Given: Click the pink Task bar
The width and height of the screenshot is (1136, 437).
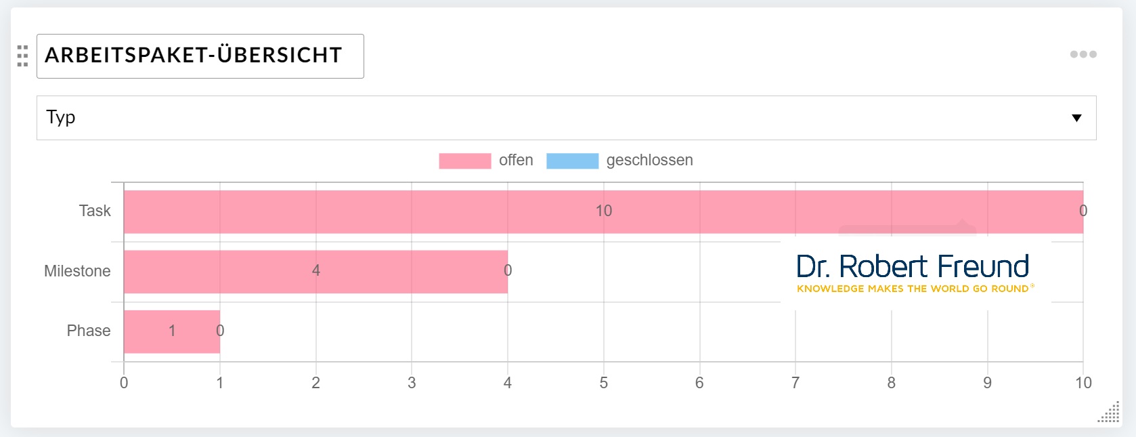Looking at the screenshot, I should tap(406, 212).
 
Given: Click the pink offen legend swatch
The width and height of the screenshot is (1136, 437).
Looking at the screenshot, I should tap(464, 161).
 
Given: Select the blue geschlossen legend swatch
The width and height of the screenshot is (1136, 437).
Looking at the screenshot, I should tap(572, 161).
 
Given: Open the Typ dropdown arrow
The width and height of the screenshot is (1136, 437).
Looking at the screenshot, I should tap(1076, 118).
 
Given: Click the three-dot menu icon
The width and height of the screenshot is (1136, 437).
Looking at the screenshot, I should tap(1083, 54).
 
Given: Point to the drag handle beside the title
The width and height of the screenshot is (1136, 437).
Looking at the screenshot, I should tap(22, 56).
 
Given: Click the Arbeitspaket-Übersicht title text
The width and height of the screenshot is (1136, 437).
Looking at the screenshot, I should tap(194, 56).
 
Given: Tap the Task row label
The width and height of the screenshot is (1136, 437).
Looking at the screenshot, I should tap(95, 211).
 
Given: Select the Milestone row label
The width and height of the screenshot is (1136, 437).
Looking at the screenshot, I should tap(77, 271).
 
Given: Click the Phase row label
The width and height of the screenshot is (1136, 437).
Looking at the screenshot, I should tap(89, 331).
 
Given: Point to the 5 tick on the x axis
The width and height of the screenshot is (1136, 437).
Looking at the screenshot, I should tap(603, 383).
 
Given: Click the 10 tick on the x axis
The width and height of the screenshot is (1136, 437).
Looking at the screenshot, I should tap(1083, 383).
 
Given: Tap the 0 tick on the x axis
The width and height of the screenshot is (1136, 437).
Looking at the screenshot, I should tap(124, 383).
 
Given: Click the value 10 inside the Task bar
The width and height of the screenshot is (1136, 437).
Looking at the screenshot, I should tap(603, 211).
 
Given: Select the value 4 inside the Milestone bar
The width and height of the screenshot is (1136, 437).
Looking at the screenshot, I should tap(315, 270).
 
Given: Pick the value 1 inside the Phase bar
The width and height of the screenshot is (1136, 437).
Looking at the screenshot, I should tap(172, 331).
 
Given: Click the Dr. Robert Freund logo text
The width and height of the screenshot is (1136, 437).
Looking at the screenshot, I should tap(913, 267).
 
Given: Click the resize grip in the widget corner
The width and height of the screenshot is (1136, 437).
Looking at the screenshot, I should tap(1109, 413).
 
